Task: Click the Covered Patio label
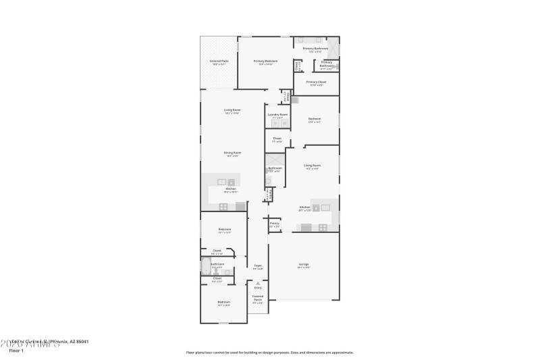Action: point(219,61)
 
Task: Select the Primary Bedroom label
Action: point(265,61)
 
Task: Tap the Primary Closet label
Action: point(317,82)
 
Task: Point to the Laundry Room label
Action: point(277,115)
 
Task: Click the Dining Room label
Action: point(233,153)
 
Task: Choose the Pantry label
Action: point(274,223)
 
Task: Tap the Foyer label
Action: point(257,265)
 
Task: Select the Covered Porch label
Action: point(258,297)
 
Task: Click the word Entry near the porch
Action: point(258,288)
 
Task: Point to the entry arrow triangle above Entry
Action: point(258,282)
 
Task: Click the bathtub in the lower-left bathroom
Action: point(206,267)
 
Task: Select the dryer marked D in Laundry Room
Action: point(284,124)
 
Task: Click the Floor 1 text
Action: point(16,351)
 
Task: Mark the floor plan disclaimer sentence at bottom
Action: point(269,352)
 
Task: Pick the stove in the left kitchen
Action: point(223,207)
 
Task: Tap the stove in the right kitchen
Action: point(323,227)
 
